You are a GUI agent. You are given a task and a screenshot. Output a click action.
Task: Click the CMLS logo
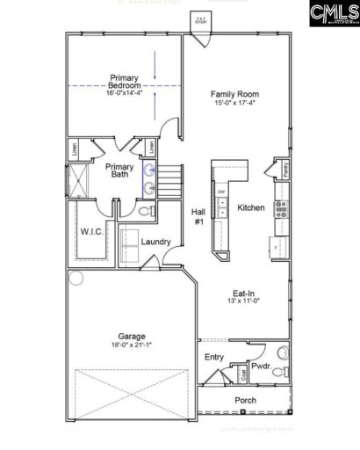(x=330, y=16)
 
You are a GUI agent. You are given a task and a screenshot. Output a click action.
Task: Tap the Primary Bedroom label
(x=126, y=82)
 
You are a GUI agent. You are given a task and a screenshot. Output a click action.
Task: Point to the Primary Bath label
(x=119, y=171)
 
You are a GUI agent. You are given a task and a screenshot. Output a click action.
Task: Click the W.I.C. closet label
(x=92, y=232)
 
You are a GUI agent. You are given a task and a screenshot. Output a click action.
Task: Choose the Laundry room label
(x=155, y=241)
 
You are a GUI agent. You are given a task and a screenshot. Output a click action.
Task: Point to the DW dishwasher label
(x=221, y=192)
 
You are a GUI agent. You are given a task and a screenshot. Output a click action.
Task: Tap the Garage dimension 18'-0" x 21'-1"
(x=132, y=345)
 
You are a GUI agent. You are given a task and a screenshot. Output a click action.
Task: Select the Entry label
(x=213, y=357)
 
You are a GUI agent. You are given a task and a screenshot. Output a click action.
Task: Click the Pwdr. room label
(x=260, y=364)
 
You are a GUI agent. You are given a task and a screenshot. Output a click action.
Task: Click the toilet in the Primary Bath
(x=148, y=211)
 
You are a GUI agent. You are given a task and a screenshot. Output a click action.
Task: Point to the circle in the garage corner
(x=76, y=279)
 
